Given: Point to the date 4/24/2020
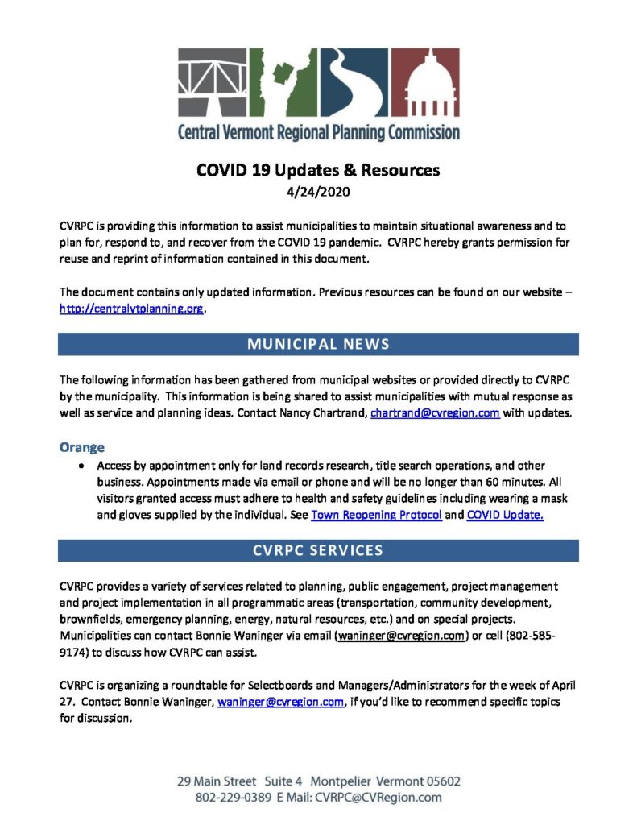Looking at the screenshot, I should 318,192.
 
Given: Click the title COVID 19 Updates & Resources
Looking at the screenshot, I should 318,171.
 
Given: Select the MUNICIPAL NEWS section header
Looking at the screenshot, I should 318,344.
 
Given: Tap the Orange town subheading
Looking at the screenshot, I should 82,446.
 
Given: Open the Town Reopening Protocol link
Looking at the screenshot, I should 376,515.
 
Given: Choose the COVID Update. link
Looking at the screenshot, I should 505,515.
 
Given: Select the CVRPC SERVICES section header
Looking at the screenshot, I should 318,551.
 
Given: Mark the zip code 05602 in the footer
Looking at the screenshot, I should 438,781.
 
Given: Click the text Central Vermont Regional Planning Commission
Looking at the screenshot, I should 319,131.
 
